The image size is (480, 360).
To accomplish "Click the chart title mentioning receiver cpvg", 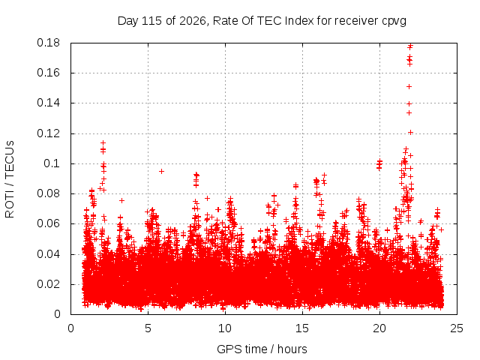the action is [x=262, y=21].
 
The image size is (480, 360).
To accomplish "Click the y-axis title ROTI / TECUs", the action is [x=10, y=179].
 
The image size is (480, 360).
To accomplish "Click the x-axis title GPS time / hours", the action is [x=262, y=349].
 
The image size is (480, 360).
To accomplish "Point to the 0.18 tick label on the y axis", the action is [x=48, y=43].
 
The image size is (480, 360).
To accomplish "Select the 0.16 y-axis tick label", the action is [x=48, y=73].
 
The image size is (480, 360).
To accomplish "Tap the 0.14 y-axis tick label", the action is [x=48, y=103].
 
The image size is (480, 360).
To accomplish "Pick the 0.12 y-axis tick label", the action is [x=48, y=133].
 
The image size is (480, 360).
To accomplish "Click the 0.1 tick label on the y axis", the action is [x=52, y=163].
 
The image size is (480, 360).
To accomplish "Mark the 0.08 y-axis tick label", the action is [x=48, y=193].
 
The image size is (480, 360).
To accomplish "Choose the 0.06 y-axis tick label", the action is [x=48, y=223].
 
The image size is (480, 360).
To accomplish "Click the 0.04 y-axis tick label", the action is [x=48, y=254].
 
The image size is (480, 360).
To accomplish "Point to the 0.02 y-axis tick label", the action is [x=48, y=284].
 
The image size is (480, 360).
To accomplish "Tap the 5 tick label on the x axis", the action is [x=148, y=328].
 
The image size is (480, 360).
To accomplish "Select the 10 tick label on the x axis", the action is [x=225, y=328].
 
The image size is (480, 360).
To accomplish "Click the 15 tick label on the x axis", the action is [x=302, y=328].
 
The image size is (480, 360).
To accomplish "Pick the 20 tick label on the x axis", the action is [x=379, y=328].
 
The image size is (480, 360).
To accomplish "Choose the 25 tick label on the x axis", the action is [x=457, y=328].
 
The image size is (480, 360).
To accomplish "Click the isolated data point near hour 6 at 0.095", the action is [x=162, y=172].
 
